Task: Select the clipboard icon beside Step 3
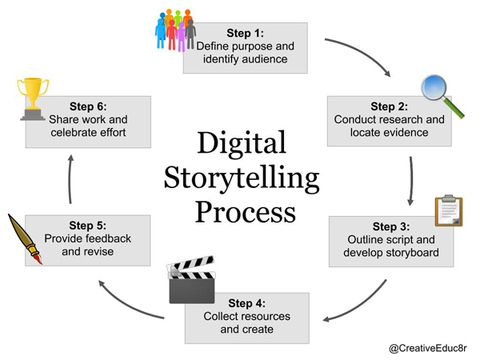pos(449,210)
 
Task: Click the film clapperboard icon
pos(192,279)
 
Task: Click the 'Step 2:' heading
pos(390,106)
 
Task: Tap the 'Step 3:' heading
pos(391,226)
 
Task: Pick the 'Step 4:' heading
pos(247,303)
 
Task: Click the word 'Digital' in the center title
pos(242,144)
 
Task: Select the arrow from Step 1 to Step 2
pos(360,54)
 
